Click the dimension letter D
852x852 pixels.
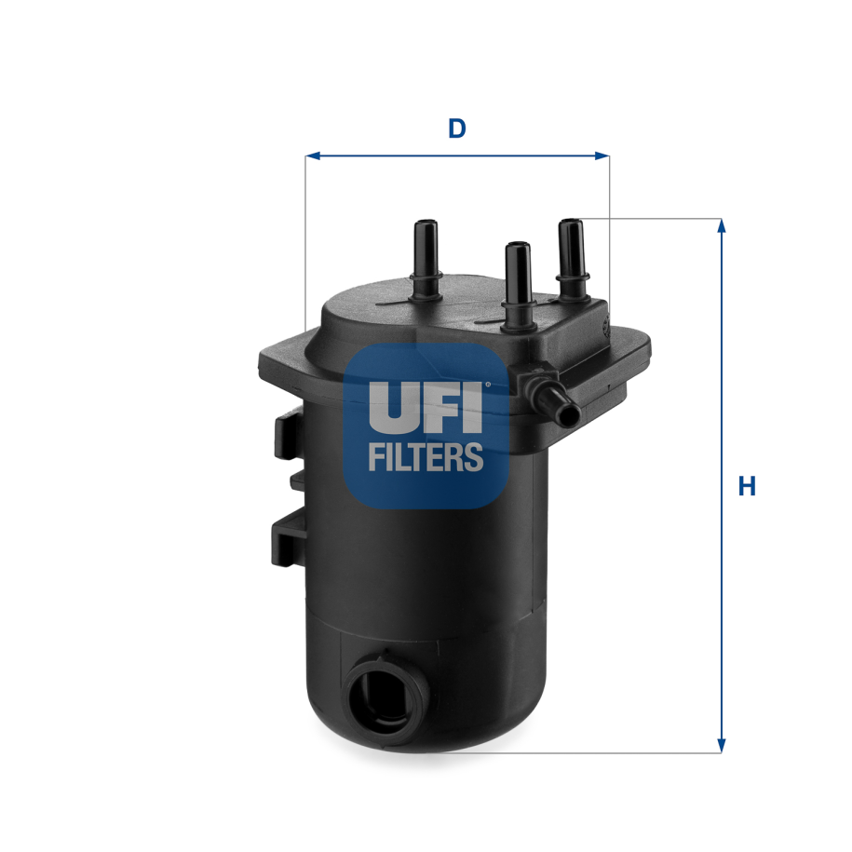pos(456,128)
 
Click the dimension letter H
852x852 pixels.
pos(747,486)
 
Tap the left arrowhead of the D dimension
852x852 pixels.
pos(312,156)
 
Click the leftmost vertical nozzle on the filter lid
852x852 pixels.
pos(426,256)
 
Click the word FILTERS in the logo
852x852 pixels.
pos(426,457)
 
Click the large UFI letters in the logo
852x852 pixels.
pos(426,406)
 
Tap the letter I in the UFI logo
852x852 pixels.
pos(474,406)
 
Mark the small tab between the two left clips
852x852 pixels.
pos(298,480)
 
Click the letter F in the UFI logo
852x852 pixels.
pos(441,406)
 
